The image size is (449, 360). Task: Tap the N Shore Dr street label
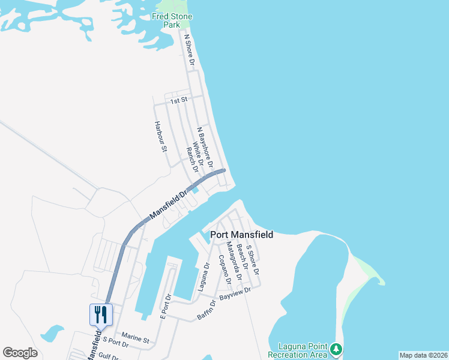pos(189,49)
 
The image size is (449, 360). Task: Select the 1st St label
pos(178,100)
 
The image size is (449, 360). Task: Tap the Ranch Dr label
pos(191,160)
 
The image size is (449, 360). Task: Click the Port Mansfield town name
pos(241,235)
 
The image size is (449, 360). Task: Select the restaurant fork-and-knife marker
pos(101,314)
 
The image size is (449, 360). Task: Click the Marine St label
pos(135,337)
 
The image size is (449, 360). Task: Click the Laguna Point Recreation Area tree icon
pos(337,349)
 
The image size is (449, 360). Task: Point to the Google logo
pos(20,353)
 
